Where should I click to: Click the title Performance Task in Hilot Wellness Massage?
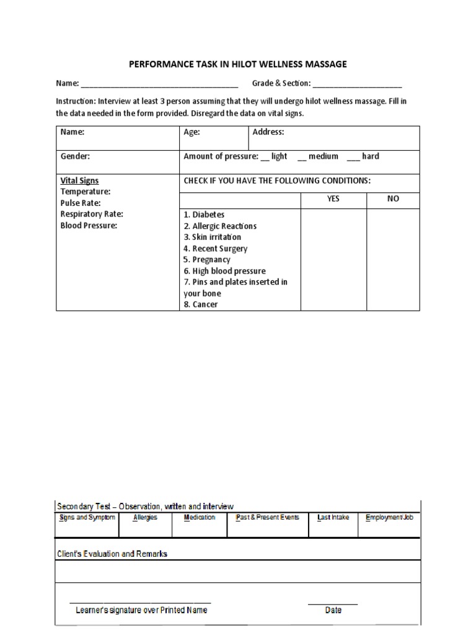pos(237,64)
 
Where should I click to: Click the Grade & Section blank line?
pos(358,84)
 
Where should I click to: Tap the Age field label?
pos(192,132)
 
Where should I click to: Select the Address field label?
pos(268,132)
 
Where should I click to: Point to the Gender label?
pos(75,156)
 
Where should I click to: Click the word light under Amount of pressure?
pos(279,156)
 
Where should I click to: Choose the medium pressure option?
pos(323,156)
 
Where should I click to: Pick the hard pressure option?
pos(371,156)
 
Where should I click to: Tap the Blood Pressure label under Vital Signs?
pos(89,226)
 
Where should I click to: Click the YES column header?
pos(333,199)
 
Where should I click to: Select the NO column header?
pos(393,199)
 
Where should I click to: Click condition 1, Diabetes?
pos(204,215)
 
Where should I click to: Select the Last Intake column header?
pos(333,517)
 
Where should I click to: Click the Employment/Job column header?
pos(389,517)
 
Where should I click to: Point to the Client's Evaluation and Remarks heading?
pos(112,554)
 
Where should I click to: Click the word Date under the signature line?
pos(333,610)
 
